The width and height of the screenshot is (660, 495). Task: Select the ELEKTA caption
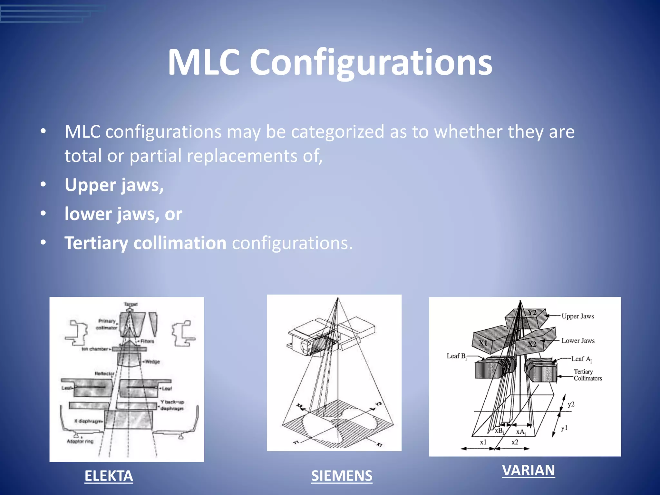[x=109, y=476]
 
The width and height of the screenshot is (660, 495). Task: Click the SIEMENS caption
[x=342, y=476]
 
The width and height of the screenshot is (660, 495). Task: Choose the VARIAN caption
[x=529, y=470]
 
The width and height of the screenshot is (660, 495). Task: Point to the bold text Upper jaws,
[x=114, y=185]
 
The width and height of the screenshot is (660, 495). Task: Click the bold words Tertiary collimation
[x=145, y=243]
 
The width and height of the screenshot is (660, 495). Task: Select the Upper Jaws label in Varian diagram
[x=577, y=316]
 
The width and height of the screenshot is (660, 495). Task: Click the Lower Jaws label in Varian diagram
[x=578, y=341]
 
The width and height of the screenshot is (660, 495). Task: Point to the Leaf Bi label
[x=456, y=356]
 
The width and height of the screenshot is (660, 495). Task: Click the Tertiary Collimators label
[x=587, y=375]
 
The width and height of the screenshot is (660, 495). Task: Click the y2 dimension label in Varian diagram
[x=571, y=404]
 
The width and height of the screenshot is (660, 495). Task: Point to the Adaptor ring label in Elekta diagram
[x=80, y=441]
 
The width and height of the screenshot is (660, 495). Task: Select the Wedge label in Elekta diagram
[x=152, y=362]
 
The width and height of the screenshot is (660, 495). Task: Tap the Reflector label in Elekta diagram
[x=104, y=374]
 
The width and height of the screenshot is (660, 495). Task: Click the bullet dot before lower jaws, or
[x=43, y=214]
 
